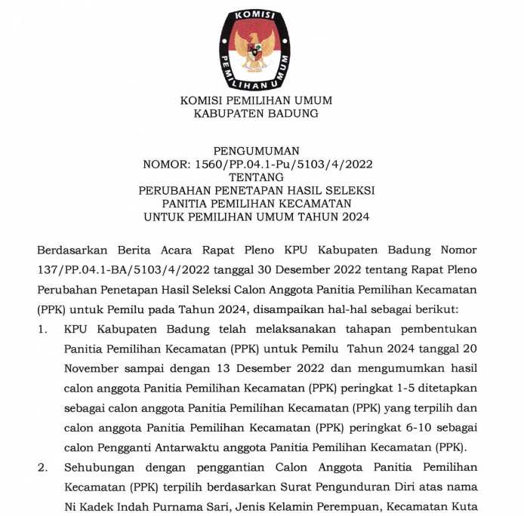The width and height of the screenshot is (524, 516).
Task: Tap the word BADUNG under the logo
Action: coord(291,114)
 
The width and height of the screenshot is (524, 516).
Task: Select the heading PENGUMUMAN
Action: coord(257,151)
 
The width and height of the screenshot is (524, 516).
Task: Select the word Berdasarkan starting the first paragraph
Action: coord(72,250)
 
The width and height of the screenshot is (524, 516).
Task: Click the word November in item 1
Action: coord(91,368)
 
